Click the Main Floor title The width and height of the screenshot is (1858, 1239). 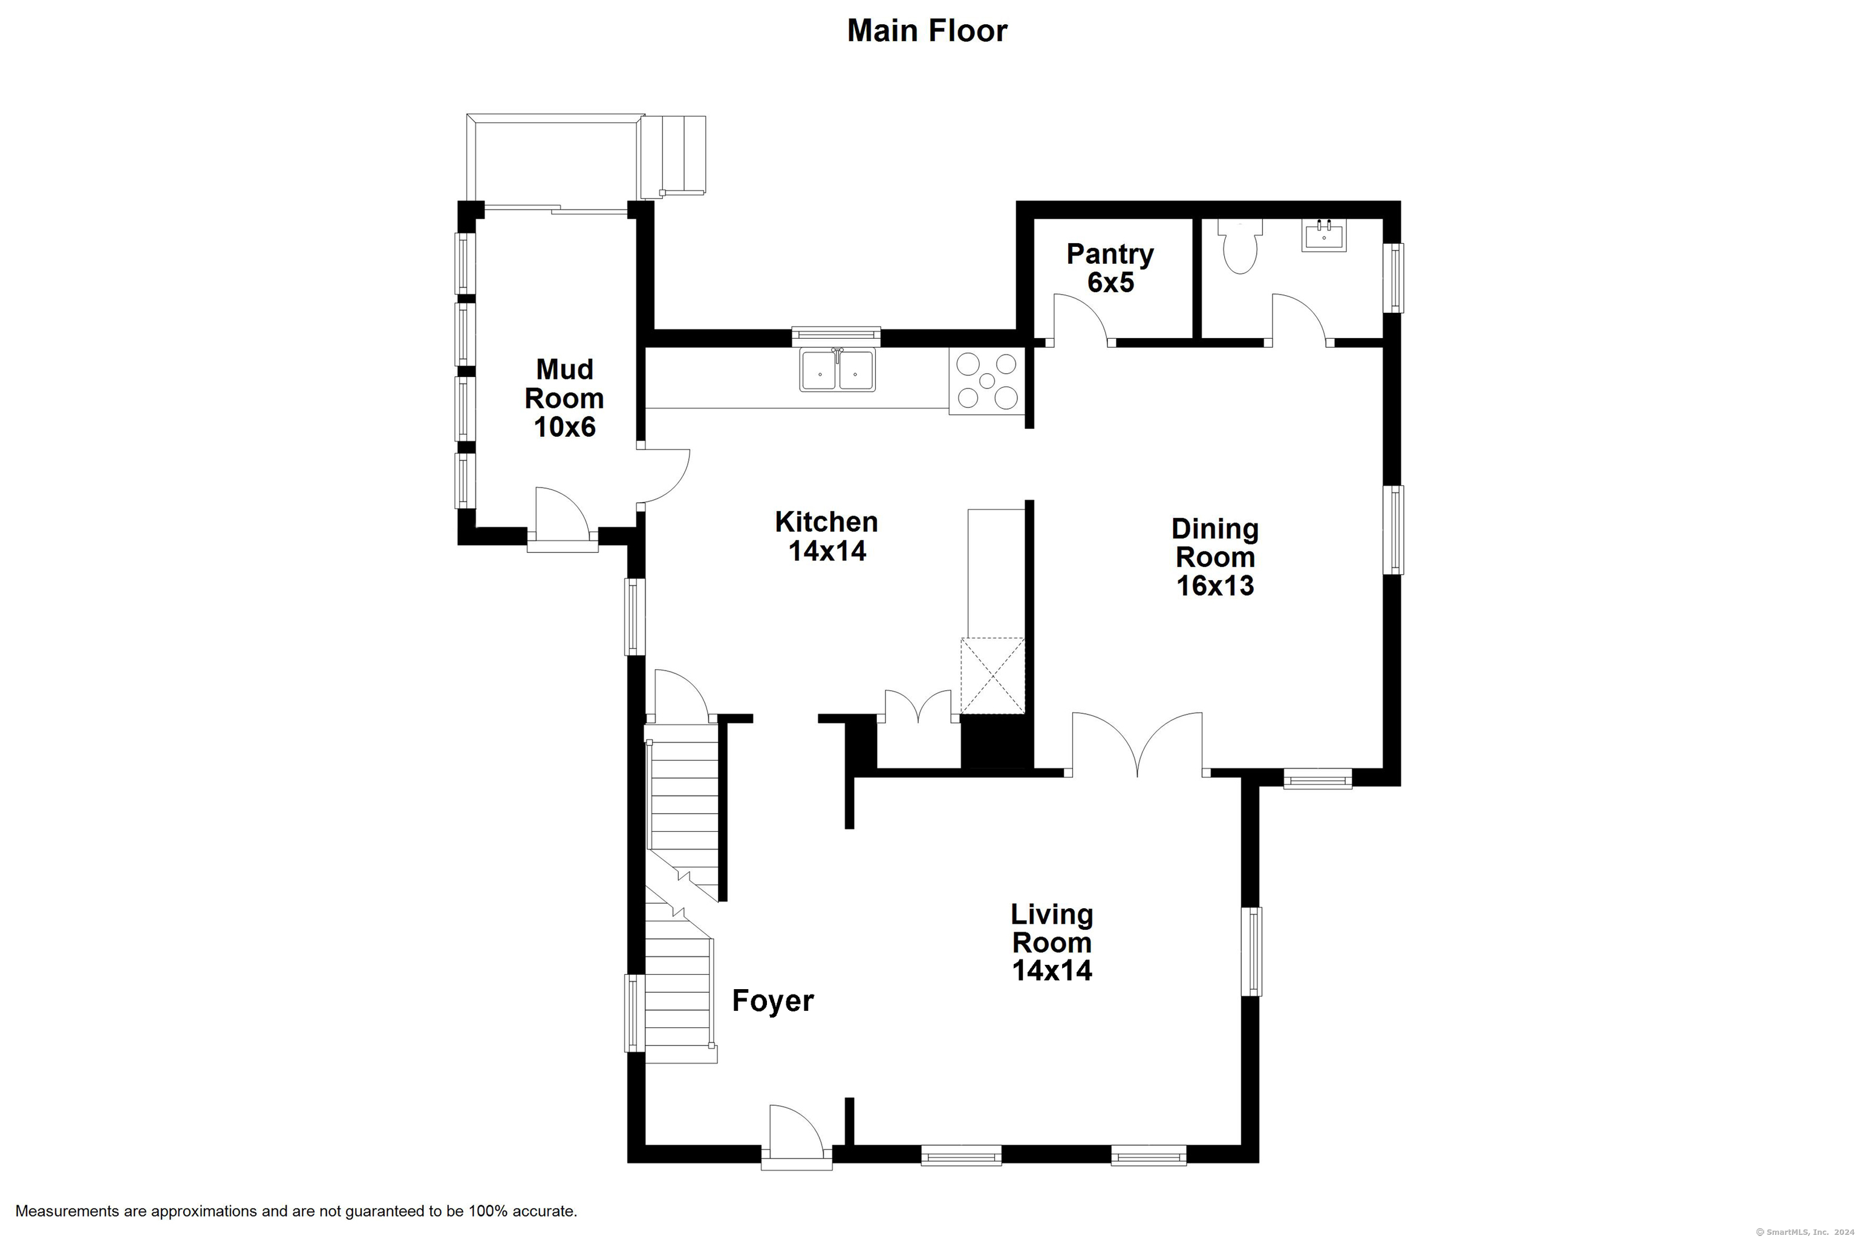click(x=927, y=31)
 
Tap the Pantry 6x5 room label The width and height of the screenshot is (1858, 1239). click(x=1110, y=268)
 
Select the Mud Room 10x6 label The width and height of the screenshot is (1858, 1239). click(x=564, y=397)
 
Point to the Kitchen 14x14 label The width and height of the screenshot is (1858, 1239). click(x=826, y=536)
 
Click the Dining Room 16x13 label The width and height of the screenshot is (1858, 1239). click(x=1215, y=557)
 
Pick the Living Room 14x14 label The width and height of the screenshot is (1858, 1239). click(x=1052, y=942)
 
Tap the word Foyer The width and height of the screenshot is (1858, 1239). click(x=772, y=1001)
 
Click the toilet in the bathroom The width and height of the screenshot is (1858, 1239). click(x=1240, y=246)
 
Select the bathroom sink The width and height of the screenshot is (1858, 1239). click(x=1324, y=235)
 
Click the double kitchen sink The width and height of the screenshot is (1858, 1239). click(x=837, y=370)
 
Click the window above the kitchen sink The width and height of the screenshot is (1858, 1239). click(x=836, y=336)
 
